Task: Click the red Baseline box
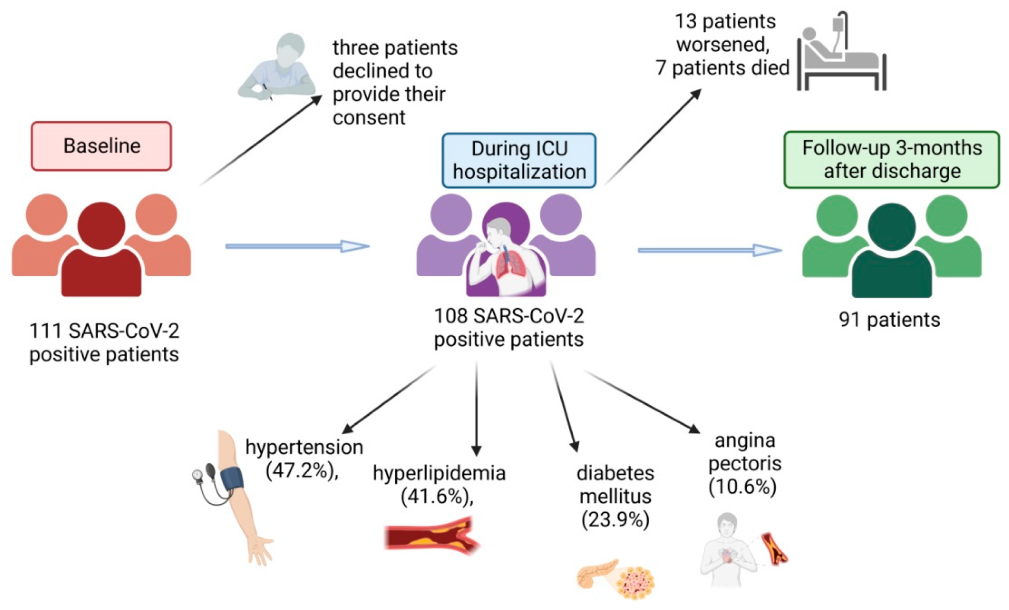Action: tap(101, 146)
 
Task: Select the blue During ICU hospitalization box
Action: tap(519, 160)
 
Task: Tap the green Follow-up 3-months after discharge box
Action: tap(891, 159)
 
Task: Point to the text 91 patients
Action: tap(889, 320)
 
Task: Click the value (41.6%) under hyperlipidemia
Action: tap(437, 497)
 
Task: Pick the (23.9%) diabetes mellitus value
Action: tap(615, 519)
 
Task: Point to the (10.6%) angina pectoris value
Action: tap(742, 487)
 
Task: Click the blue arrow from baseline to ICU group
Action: tap(297, 246)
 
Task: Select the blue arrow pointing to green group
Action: tap(709, 250)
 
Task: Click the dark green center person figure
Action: tap(892, 254)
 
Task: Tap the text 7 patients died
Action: tap(722, 67)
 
